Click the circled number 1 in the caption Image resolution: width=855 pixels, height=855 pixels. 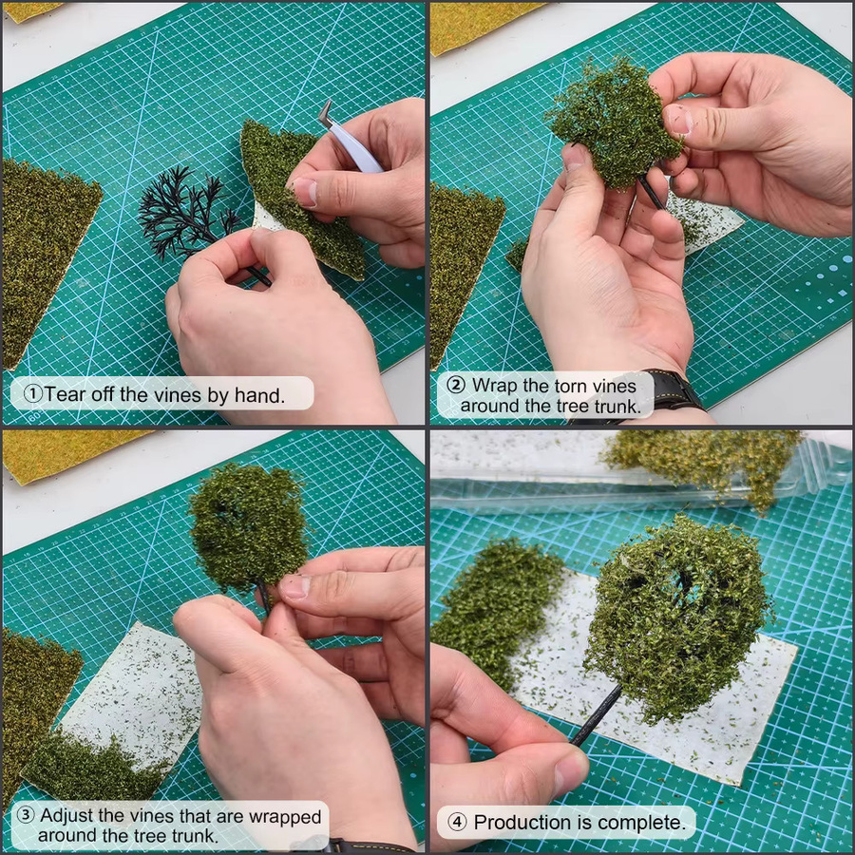33,393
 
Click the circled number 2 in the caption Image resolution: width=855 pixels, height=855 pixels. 456,385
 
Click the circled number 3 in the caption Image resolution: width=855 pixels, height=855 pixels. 26,815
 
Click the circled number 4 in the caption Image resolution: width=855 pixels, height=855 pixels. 457,821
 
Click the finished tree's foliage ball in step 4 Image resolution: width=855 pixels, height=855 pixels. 677,617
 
